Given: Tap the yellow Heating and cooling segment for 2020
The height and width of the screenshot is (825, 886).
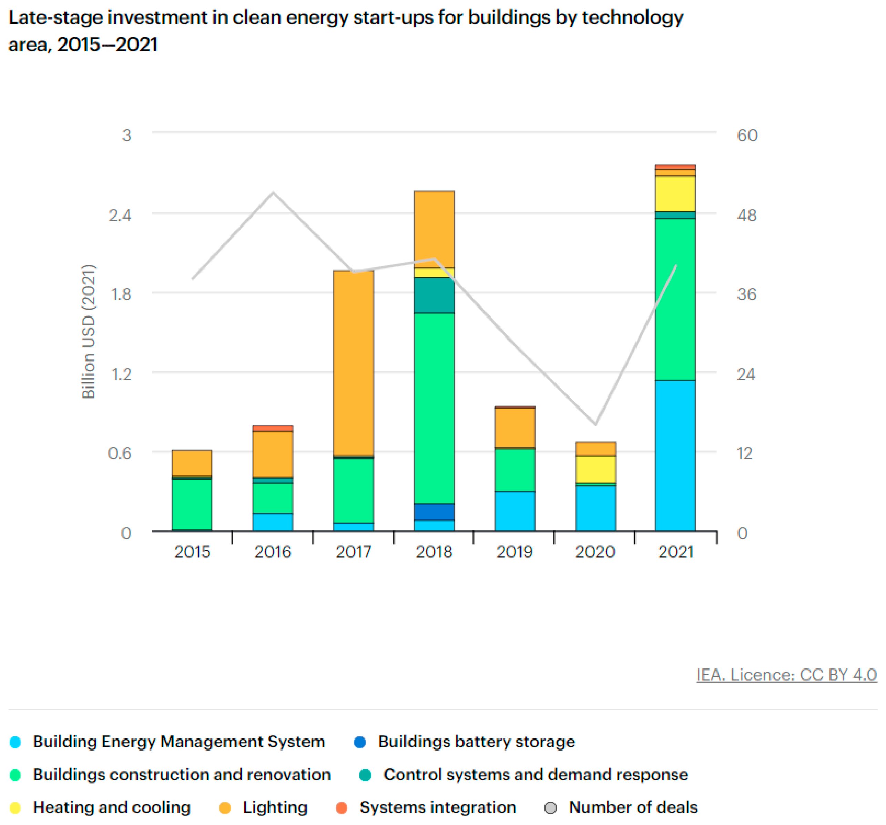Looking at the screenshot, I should [595, 469].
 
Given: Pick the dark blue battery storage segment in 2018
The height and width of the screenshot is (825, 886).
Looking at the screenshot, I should [434, 512].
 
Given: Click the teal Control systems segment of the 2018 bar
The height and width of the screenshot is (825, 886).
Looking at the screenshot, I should [434, 295].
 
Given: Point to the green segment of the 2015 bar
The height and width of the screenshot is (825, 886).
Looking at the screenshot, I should [192, 504].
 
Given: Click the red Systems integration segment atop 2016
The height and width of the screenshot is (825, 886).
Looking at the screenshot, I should [273, 428].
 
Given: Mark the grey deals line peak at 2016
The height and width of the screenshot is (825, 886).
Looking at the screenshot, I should [273, 193].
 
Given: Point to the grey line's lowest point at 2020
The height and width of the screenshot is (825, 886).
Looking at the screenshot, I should [595, 424].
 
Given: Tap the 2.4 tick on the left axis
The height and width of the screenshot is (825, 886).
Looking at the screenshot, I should [120, 215].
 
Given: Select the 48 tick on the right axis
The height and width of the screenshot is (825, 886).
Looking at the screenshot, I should [746, 215].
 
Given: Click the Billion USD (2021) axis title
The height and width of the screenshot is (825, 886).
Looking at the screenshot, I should [88, 331].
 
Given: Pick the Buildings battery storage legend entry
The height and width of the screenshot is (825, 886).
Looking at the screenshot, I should [476, 742].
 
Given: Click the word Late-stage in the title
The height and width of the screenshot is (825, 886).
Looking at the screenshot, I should [55, 18].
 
